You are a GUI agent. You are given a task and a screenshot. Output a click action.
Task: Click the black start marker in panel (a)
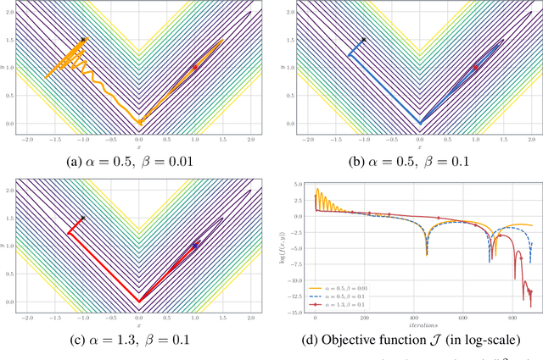(83, 40)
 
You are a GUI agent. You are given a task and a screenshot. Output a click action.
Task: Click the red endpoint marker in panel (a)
(194, 67)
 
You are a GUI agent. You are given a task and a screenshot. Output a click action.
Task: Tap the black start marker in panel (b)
(363, 40)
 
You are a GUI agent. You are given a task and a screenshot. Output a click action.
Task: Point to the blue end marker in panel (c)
(195, 245)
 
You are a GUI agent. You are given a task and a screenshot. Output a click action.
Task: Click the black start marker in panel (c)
(83, 218)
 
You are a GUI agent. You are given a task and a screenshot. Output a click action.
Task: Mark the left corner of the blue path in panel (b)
(348, 55)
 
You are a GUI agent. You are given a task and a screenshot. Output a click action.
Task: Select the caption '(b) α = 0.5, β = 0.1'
(419, 159)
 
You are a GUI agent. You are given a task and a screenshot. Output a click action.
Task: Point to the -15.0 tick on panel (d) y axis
(301, 313)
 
